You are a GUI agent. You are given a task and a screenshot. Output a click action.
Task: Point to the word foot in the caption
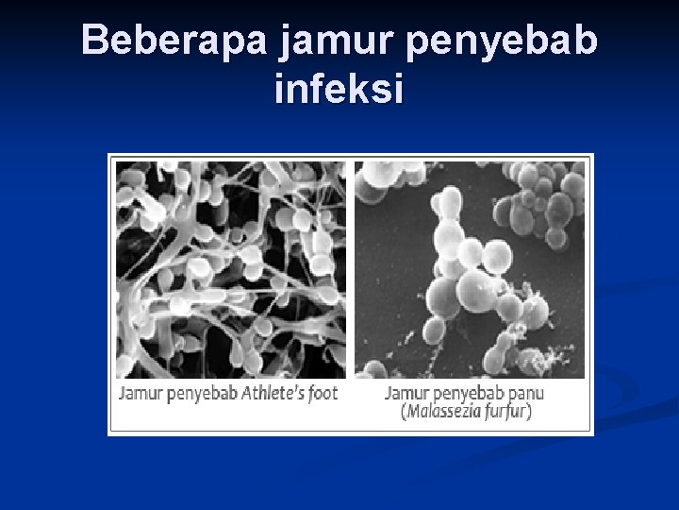click(x=322, y=393)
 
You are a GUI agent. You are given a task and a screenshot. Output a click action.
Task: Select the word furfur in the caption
click(x=507, y=412)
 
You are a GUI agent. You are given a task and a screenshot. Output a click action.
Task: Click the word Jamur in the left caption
click(x=138, y=393)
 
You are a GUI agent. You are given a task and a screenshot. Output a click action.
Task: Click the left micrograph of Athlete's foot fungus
click(x=231, y=269)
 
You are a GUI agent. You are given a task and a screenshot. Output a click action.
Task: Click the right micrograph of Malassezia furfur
click(x=469, y=269)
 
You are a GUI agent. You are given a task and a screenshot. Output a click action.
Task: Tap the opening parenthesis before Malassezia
click(x=403, y=412)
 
